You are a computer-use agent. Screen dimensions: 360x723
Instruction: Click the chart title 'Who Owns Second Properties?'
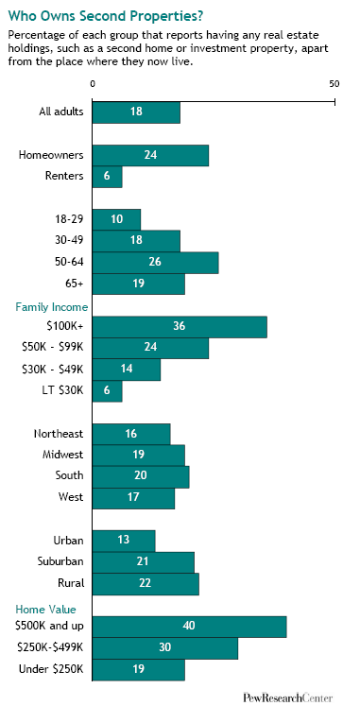click(106, 17)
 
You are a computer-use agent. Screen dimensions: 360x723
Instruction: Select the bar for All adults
click(136, 112)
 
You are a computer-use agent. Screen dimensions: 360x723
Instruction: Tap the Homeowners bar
click(150, 155)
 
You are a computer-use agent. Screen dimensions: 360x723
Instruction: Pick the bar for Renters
click(107, 177)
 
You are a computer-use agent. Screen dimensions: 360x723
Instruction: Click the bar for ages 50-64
click(155, 263)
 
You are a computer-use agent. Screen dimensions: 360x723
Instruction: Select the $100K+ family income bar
click(180, 327)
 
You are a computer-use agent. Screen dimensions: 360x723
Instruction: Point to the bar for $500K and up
click(190, 627)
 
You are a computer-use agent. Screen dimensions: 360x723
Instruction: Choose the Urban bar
click(124, 541)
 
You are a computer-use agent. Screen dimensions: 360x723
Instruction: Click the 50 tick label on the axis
click(334, 83)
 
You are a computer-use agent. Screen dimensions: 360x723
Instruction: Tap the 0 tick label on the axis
click(93, 83)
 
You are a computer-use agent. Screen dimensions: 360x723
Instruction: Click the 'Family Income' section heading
click(52, 307)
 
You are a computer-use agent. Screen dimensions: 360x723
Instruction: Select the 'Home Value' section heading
click(45, 609)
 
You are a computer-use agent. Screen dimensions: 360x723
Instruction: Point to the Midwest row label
click(62, 455)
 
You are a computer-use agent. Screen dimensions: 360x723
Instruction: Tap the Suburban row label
click(60, 561)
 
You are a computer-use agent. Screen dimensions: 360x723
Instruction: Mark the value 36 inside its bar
click(180, 326)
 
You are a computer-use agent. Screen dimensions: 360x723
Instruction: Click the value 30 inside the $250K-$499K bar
click(165, 647)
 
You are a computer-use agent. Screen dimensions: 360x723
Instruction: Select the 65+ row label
click(75, 284)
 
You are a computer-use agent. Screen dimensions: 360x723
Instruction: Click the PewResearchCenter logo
click(287, 698)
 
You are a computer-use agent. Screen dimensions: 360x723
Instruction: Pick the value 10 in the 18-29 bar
click(116, 219)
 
